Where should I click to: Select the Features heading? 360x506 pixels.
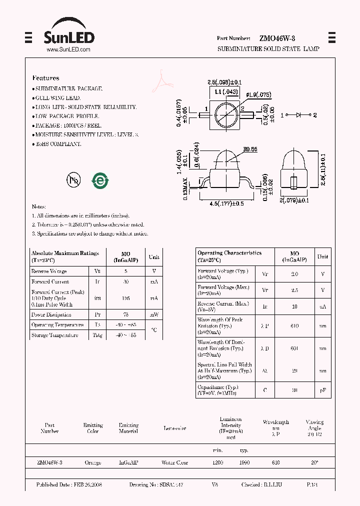tap(45, 78)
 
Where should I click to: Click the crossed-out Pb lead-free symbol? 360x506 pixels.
tap(73, 180)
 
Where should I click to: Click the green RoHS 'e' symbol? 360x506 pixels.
tap(100, 180)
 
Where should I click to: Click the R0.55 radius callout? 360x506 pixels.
tap(250, 148)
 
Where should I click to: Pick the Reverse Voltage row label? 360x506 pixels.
tap(48, 271)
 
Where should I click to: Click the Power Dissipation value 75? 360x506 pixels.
tap(126, 314)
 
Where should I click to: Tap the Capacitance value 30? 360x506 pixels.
tap(294, 390)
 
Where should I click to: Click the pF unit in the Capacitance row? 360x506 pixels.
tap(323, 390)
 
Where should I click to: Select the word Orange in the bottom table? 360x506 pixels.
tap(92, 462)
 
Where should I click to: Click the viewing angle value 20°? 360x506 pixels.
tap(314, 462)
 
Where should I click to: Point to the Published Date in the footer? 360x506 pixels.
tap(69, 484)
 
